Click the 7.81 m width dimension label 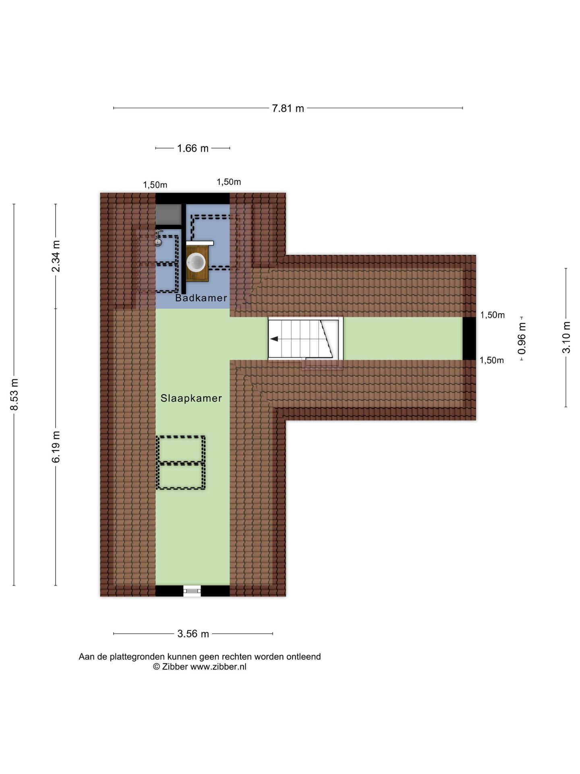(x=288, y=108)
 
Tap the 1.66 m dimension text (x=193, y=148)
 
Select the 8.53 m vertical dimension (x=14, y=394)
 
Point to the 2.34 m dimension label (x=56, y=256)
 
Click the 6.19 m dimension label (x=56, y=446)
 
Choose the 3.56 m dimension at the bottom (x=193, y=634)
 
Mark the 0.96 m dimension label (x=522, y=338)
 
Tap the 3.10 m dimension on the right (x=566, y=337)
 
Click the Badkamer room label (x=201, y=298)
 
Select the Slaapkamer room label (x=191, y=398)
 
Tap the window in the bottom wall (x=192, y=591)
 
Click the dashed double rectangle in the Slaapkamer (x=181, y=462)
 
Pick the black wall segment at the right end (x=469, y=339)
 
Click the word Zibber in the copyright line (x=175, y=666)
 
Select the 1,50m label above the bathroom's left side (x=155, y=185)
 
